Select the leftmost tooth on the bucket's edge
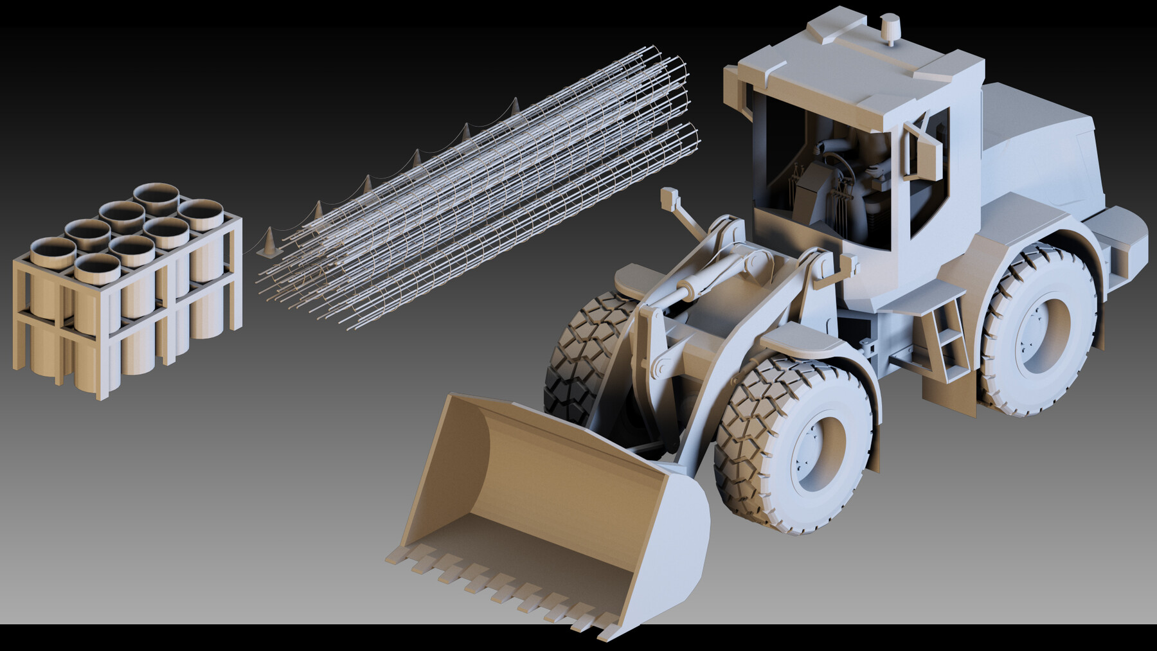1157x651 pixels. click(x=393, y=558)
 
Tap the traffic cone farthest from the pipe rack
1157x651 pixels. click(x=515, y=107)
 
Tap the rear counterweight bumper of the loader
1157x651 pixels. click(x=1122, y=238)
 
